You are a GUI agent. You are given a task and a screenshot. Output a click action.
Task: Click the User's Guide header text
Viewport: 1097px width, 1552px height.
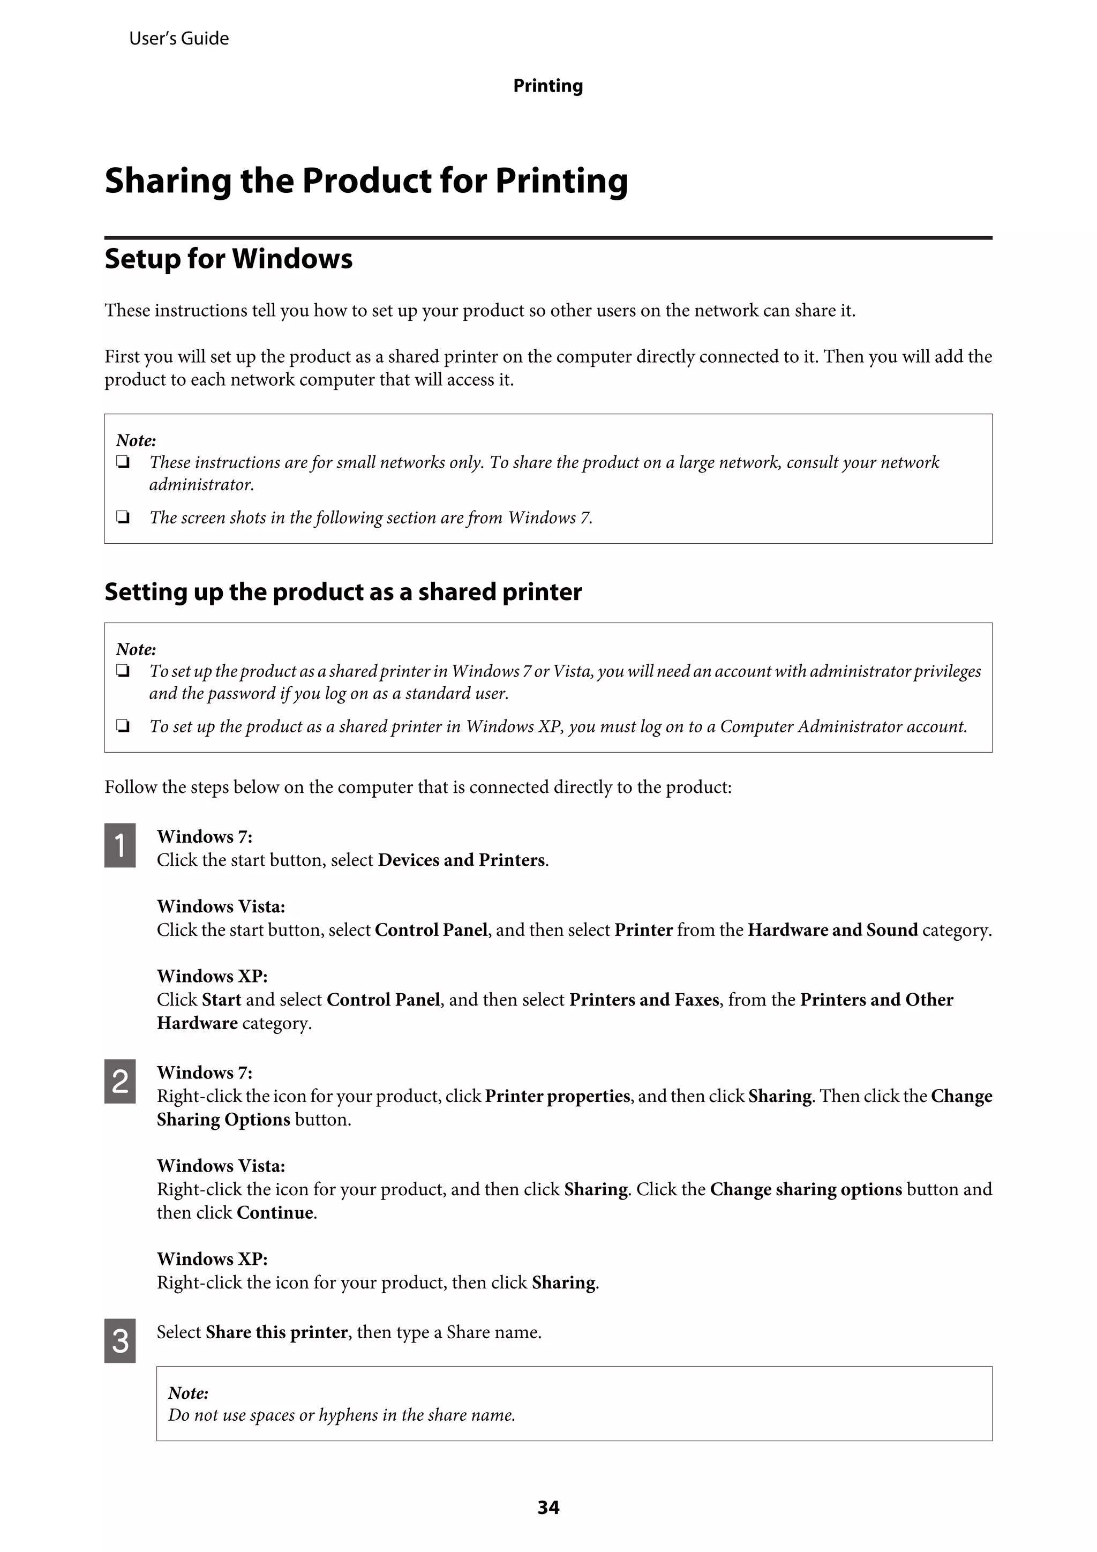(x=178, y=39)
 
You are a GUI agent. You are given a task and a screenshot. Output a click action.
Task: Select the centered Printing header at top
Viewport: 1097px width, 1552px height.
(x=547, y=86)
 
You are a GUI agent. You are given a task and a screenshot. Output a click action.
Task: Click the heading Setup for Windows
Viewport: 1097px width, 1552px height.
(x=229, y=259)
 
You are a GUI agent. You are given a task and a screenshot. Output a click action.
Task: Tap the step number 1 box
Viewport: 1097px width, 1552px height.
(x=119, y=845)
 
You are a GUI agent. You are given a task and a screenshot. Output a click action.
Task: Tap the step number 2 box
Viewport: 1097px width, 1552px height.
(x=119, y=1081)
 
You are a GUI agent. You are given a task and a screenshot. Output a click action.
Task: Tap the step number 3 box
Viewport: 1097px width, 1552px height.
(x=119, y=1340)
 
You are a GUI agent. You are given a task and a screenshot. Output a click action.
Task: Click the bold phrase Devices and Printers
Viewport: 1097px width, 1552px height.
(x=461, y=860)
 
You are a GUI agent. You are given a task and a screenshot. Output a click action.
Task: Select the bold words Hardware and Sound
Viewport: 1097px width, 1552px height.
(x=832, y=929)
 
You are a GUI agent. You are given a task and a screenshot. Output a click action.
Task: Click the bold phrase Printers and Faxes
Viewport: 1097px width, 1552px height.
(x=643, y=999)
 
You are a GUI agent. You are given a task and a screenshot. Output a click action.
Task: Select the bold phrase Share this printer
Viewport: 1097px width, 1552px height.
(x=276, y=1332)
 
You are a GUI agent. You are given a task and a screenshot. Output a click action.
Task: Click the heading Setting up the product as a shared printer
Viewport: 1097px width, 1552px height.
(x=343, y=591)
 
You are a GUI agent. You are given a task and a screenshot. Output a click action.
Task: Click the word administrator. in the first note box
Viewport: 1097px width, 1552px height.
(x=201, y=485)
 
